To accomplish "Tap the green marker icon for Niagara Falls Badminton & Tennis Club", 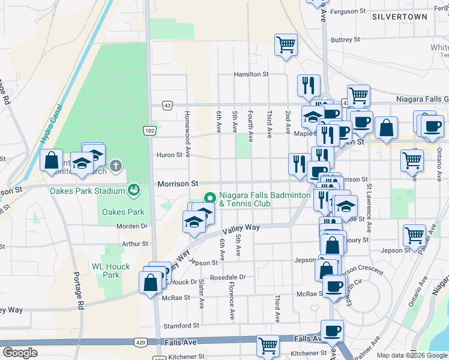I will pos(209,197).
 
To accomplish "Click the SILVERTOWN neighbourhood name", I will pos(399,17).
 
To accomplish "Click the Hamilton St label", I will pos(251,74).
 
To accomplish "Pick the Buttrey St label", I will pos(345,40).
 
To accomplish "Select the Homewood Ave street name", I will pos(188,133).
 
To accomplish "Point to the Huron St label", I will pos(169,155).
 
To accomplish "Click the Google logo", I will pos(20,353).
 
